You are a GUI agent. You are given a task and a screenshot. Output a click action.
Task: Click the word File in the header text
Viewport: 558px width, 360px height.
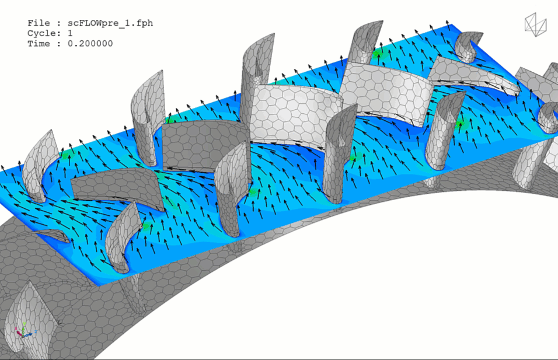point(39,23)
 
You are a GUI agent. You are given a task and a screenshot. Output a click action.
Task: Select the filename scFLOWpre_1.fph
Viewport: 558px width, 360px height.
point(110,23)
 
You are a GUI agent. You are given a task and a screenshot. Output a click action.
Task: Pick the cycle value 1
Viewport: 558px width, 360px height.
point(70,33)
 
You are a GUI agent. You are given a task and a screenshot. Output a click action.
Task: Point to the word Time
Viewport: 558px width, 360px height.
point(39,44)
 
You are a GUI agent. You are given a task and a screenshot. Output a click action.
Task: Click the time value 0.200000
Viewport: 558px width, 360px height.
point(90,44)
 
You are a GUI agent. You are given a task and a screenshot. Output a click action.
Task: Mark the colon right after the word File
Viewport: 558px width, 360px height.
point(58,23)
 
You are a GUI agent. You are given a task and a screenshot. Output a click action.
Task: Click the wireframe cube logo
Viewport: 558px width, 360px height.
point(536,25)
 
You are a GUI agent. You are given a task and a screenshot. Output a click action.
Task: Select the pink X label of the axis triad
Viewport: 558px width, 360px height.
point(16,332)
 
